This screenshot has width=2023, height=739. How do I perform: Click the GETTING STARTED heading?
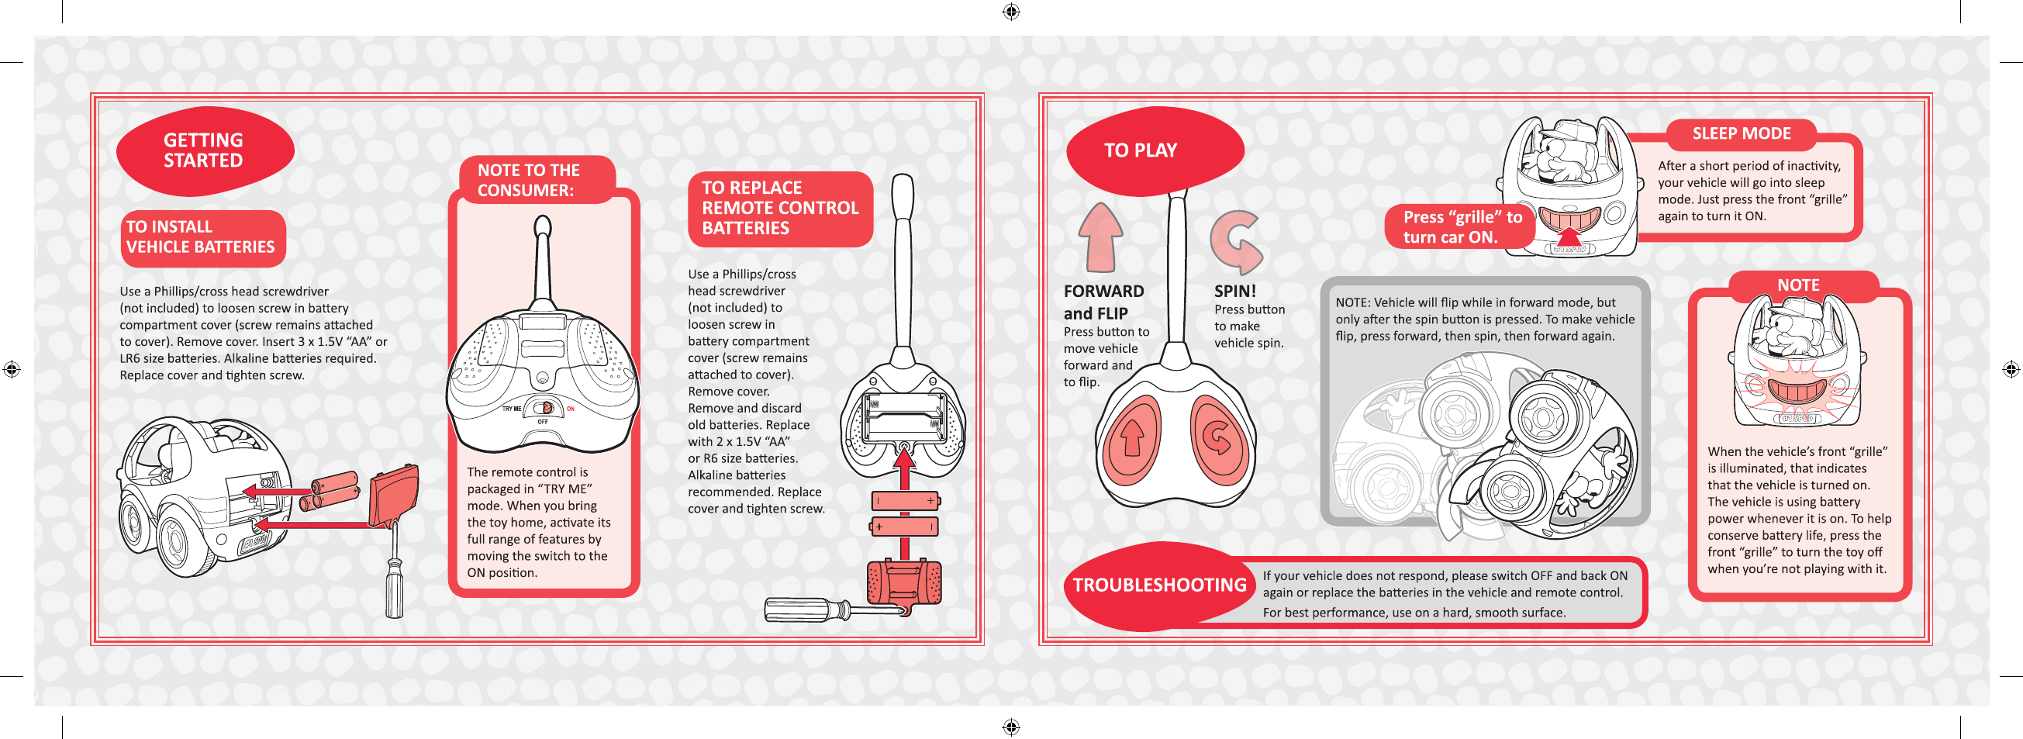203,150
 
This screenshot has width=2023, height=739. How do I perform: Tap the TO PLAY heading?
1141,150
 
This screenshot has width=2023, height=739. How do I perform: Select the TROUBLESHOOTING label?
1159,585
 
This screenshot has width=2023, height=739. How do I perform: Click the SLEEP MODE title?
1741,133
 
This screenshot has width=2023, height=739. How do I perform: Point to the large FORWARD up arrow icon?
1100,237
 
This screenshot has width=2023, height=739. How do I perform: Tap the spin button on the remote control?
1219,438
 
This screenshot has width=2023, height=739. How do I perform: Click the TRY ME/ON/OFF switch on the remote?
544,409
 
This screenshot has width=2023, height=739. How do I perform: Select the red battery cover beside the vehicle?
393,496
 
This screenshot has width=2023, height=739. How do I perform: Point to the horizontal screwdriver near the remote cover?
816,610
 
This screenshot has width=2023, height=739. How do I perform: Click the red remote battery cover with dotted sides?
904,582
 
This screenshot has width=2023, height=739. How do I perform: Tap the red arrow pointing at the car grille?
1569,237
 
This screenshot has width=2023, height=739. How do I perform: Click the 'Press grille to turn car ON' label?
1462,227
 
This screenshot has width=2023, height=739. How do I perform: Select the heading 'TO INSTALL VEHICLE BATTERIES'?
201,237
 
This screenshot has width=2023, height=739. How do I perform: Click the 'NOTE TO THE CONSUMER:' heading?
530,180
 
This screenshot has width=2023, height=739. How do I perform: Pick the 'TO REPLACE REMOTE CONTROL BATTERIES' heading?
780,208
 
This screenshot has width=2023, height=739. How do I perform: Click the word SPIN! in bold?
1234,292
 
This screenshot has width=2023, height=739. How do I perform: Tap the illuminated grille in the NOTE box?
1795,388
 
